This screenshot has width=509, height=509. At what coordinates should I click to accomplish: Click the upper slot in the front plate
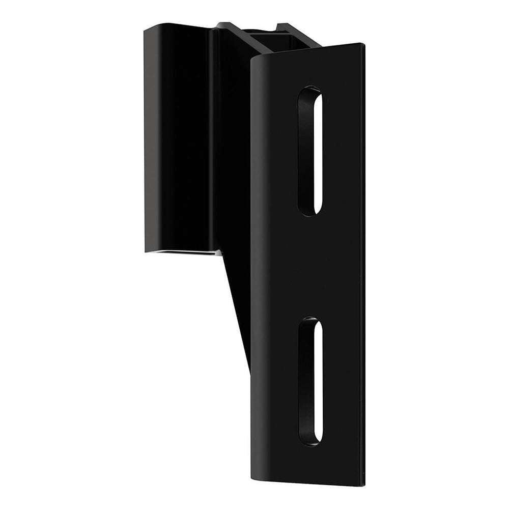tap(310, 151)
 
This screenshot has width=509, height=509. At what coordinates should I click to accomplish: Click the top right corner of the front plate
tap(362, 45)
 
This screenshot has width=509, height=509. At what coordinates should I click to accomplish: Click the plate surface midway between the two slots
tap(310, 265)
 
